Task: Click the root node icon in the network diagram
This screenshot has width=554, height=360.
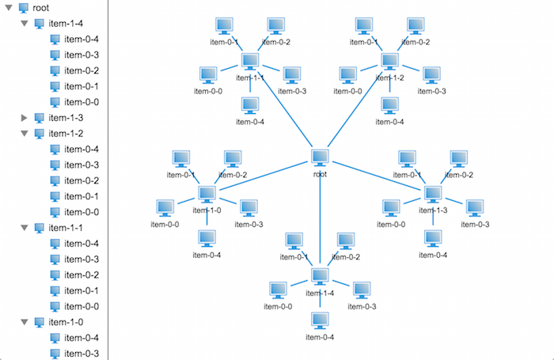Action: pyautogui.click(x=320, y=157)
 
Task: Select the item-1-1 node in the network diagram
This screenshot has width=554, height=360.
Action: pyautogui.click(x=251, y=61)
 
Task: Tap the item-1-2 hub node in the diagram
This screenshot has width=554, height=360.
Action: pyautogui.click(x=389, y=61)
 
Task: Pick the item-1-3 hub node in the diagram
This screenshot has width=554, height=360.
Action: pyautogui.click(x=432, y=193)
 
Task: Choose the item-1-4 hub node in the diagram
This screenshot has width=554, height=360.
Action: pyautogui.click(x=320, y=276)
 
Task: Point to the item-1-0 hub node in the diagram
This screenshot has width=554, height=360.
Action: pyautogui.click(x=207, y=193)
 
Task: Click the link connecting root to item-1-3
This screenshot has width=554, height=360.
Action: pyautogui.click(x=376, y=176)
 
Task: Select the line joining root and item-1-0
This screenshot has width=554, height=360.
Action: pyautogui.click(x=264, y=176)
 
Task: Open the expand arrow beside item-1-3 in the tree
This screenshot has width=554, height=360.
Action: pyautogui.click(x=24, y=118)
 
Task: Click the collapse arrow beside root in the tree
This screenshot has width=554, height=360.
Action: pyautogui.click(x=9, y=8)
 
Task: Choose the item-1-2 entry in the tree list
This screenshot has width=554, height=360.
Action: pyautogui.click(x=65, y=134)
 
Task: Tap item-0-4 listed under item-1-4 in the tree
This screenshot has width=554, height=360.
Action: pyautogui.click(x=81, y=40)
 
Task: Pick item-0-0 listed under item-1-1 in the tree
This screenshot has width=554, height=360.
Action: pyautogui.click(x=81, y=306)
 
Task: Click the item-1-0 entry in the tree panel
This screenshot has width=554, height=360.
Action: pyautogui.click(x=65, y=322)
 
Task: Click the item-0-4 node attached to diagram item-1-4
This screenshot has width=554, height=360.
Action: pyautogui.click(x=320, y=320)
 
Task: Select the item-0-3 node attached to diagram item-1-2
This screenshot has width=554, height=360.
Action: pyautogui.click(x=431, y=74)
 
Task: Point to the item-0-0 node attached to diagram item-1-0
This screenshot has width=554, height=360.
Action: pyautogui.click(x=165, y=207)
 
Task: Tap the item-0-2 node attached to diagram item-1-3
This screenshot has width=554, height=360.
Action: pyautogui.click(x=460, y=158)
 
